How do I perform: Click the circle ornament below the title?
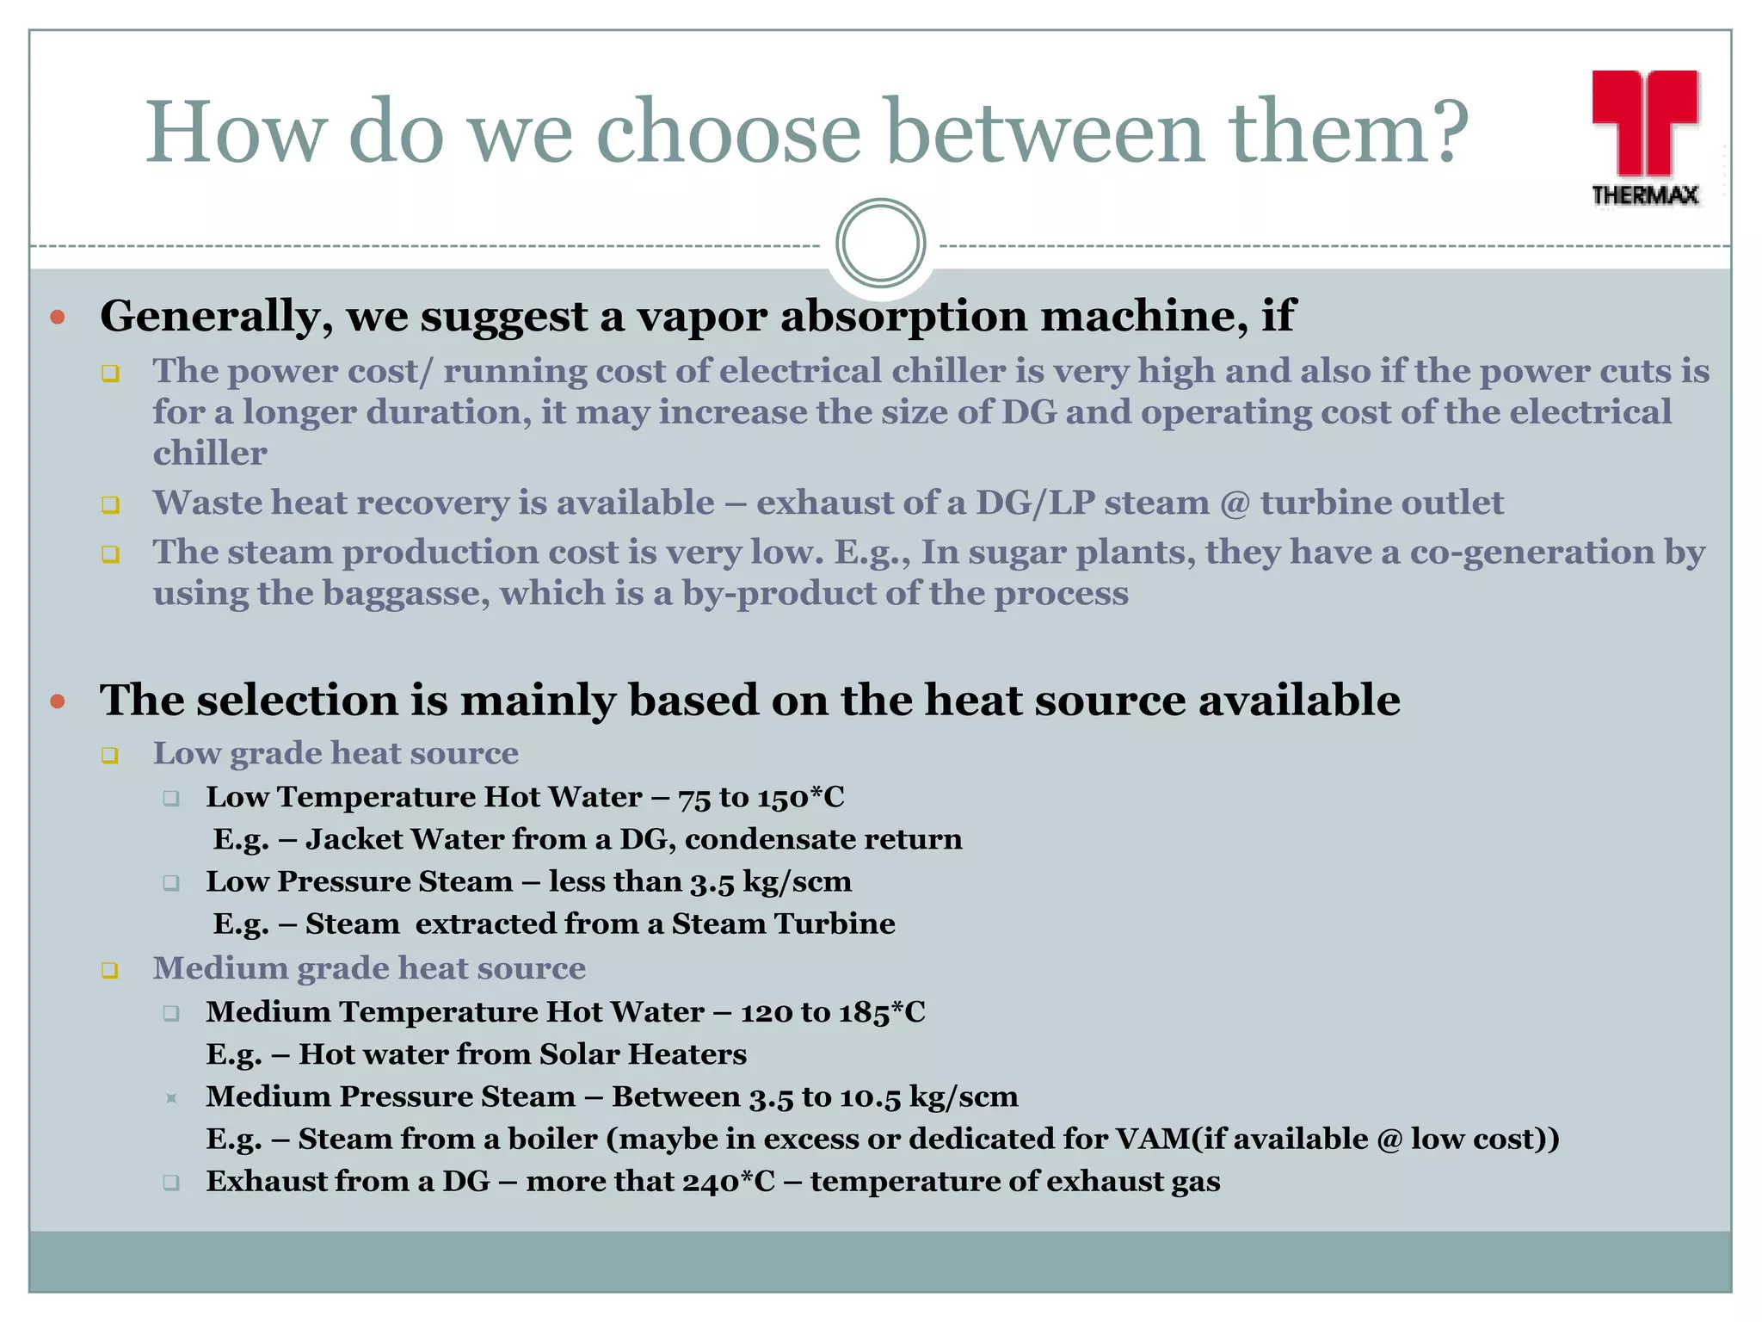pos(880,244)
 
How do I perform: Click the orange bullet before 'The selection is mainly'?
pos(58,701)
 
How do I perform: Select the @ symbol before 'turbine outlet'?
pos(1235,503)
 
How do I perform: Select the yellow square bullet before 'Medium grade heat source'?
pos(109,971)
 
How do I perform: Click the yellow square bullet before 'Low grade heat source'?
pos(109,756)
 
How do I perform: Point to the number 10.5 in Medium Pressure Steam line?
pos(870,1097)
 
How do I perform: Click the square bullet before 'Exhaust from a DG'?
pos(171,1183)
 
